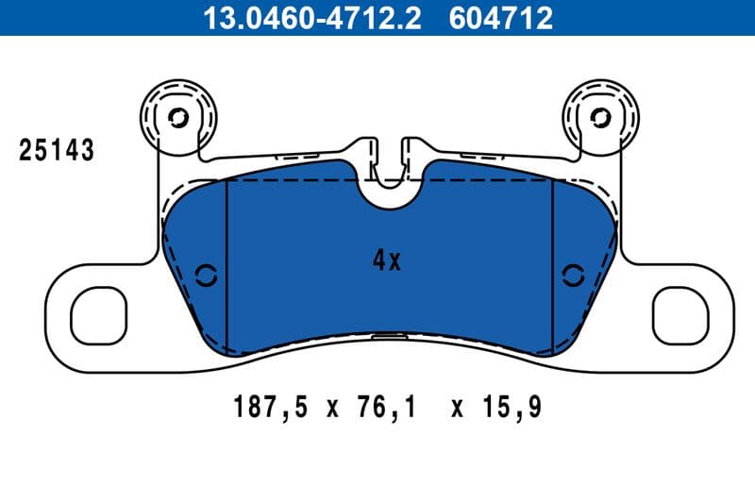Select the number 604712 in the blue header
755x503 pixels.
495,18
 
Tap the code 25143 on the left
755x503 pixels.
58,150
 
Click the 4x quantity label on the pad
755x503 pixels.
387,261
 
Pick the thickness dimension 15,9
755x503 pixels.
512,409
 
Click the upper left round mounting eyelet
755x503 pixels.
177,118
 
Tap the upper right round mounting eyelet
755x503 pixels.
600,118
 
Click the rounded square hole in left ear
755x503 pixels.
98,315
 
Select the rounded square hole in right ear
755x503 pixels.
679,315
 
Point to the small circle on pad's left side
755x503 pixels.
205,276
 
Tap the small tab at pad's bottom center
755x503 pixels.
388,334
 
